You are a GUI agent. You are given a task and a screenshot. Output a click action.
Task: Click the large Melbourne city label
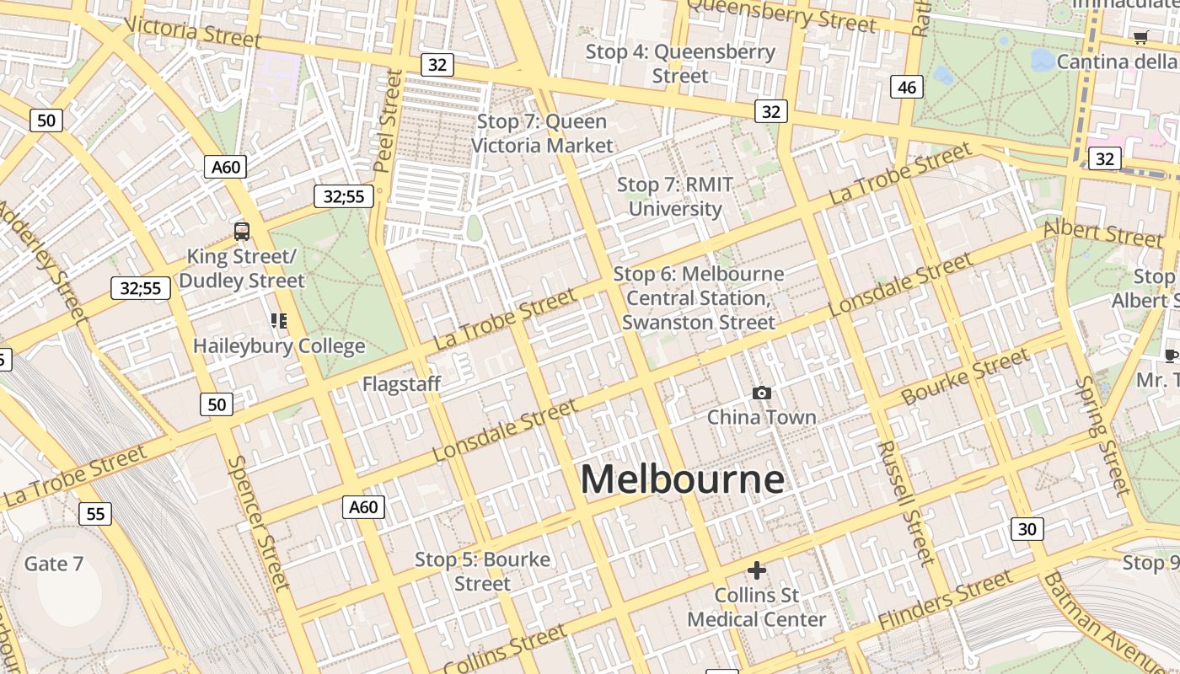tap(682, 479)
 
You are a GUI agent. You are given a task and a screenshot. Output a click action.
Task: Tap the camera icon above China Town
tap(761, 393)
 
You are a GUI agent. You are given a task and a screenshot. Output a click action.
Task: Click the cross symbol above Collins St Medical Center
tap(757, 570)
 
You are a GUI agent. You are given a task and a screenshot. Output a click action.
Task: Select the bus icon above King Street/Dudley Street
tap(242, 231)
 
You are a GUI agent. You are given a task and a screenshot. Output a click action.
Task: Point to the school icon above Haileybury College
tap(278, 320)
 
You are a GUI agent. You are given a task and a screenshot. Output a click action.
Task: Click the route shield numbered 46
tap(906, 87)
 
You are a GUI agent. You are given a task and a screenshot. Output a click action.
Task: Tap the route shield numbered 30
tap(1027, 529)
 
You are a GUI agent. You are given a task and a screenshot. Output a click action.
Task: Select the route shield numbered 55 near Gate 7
tap(95, 513)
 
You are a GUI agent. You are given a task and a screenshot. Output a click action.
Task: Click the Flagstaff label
tap(401, 384)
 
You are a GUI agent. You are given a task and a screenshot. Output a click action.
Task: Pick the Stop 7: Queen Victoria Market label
tap(542, 133)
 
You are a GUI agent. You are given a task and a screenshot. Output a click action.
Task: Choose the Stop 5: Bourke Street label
tap(482, 571)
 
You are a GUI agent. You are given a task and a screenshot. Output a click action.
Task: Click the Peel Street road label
tap(389, 120)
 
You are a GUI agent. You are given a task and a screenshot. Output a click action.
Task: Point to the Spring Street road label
tap(1102, 436)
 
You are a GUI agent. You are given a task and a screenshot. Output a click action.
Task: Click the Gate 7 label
tap(53, 564)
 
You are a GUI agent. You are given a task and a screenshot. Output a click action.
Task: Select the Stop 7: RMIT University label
tap(675, 196)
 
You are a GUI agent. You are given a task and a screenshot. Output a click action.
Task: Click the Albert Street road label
tap(1102, 233)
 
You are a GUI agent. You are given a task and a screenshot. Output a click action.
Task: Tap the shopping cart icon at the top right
tap(1140, 37)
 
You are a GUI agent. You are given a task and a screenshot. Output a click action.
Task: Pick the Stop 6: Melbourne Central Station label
tap(699, 297)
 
